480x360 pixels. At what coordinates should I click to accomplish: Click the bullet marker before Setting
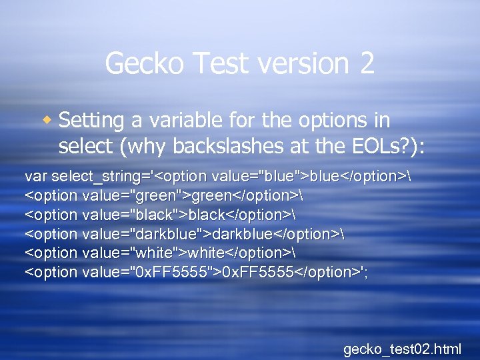(x=47, y=121)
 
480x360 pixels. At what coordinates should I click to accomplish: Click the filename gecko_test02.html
(x=401, y=348)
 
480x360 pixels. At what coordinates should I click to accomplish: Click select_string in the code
(x=99, y=177)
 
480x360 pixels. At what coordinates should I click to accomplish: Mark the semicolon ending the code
(x=365, y=273)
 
